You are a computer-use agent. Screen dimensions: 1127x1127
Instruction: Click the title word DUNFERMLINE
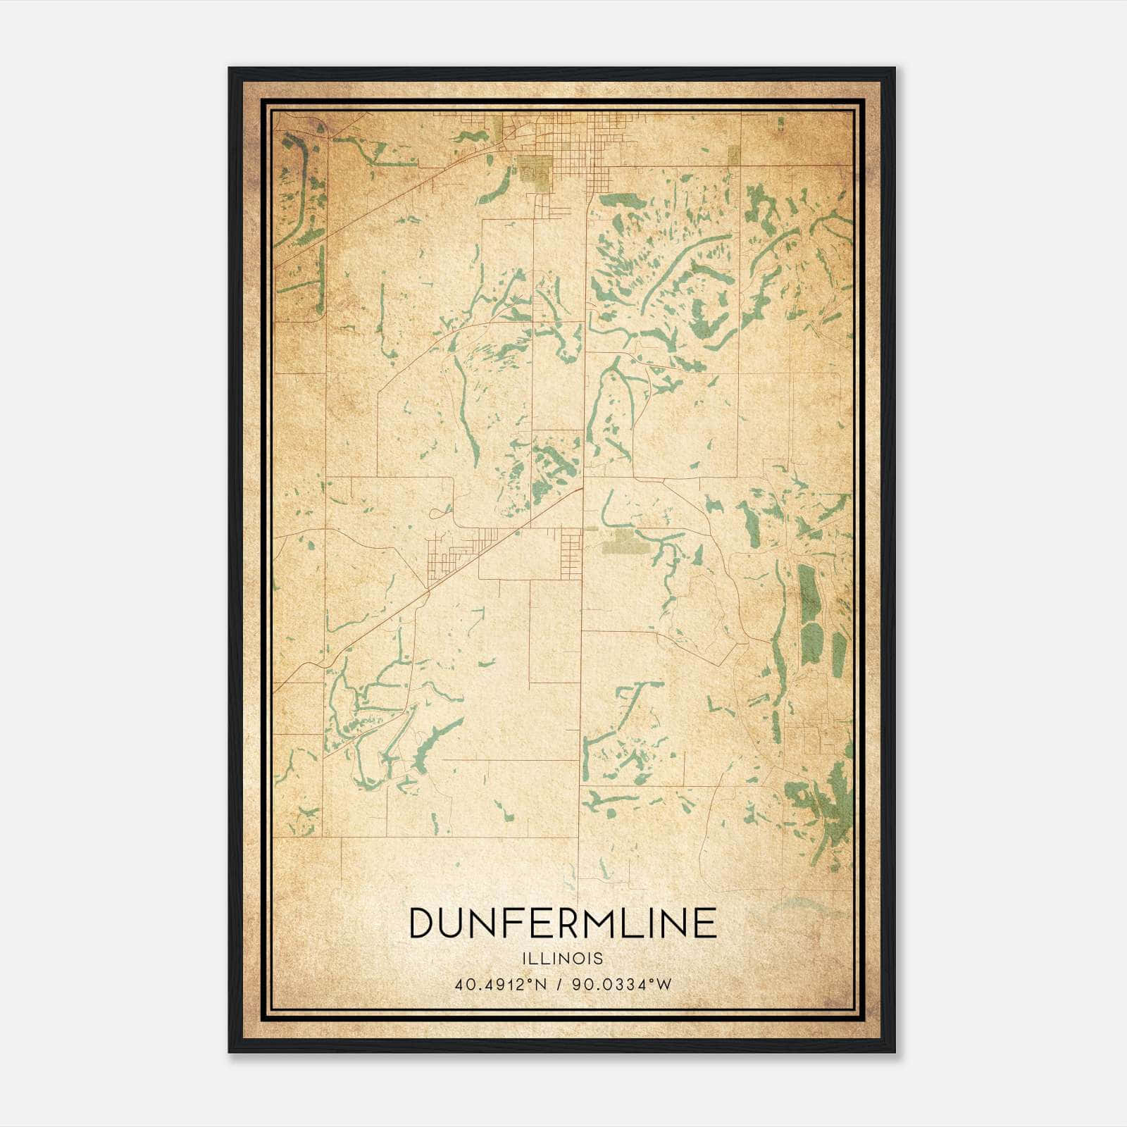coord(563,923)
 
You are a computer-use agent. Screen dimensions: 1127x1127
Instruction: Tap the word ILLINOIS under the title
coord(563,959)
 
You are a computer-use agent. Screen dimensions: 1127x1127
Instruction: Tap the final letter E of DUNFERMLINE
coord(705,923)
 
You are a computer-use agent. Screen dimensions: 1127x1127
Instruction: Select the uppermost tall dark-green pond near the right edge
coord(807,592)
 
